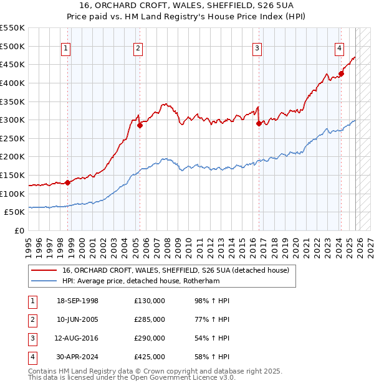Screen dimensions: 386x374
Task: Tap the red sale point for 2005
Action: point(140,125)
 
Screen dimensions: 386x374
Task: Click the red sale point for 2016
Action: point(259,123)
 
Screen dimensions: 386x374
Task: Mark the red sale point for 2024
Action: point(341,73)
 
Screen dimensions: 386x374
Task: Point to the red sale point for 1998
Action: point(67,182)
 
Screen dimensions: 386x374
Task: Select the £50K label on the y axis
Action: point(14,212)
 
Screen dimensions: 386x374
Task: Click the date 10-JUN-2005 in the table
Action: point(77,319)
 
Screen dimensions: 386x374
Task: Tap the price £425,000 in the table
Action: point(150,357)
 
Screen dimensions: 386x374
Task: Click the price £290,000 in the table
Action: point(150,338)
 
